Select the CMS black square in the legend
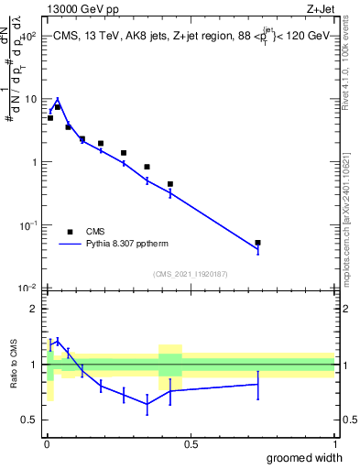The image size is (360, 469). click(70, 232)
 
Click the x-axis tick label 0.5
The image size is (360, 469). click(191, 445)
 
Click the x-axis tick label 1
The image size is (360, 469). click(334, 445)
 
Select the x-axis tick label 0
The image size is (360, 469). click(46, 445)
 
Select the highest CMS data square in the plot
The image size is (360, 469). click(57, 107)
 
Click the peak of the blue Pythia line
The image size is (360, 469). click(57, 100)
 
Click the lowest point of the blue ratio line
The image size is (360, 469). click(147, 404)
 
